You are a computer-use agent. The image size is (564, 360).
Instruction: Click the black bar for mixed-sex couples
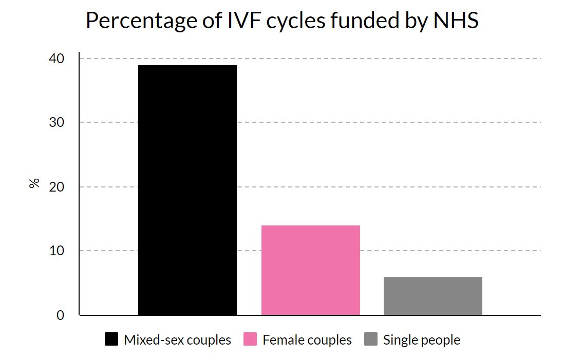click(187, 190)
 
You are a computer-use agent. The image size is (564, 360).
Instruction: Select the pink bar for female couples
click(310, 270)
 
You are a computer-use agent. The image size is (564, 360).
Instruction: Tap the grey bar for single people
click(433, 296)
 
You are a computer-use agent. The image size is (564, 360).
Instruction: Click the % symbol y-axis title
click(34, 183)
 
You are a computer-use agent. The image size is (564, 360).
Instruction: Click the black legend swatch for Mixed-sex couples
click(111, 339)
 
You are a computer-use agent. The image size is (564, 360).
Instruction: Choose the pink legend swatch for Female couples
click(250, 339)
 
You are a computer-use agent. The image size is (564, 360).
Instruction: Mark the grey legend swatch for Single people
click(371, 339)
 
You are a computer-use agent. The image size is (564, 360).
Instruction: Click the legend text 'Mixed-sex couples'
click(177, 340)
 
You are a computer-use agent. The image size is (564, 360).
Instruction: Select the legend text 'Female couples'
click(307, 340)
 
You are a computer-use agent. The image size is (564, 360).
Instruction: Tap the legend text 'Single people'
click(422, 340)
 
